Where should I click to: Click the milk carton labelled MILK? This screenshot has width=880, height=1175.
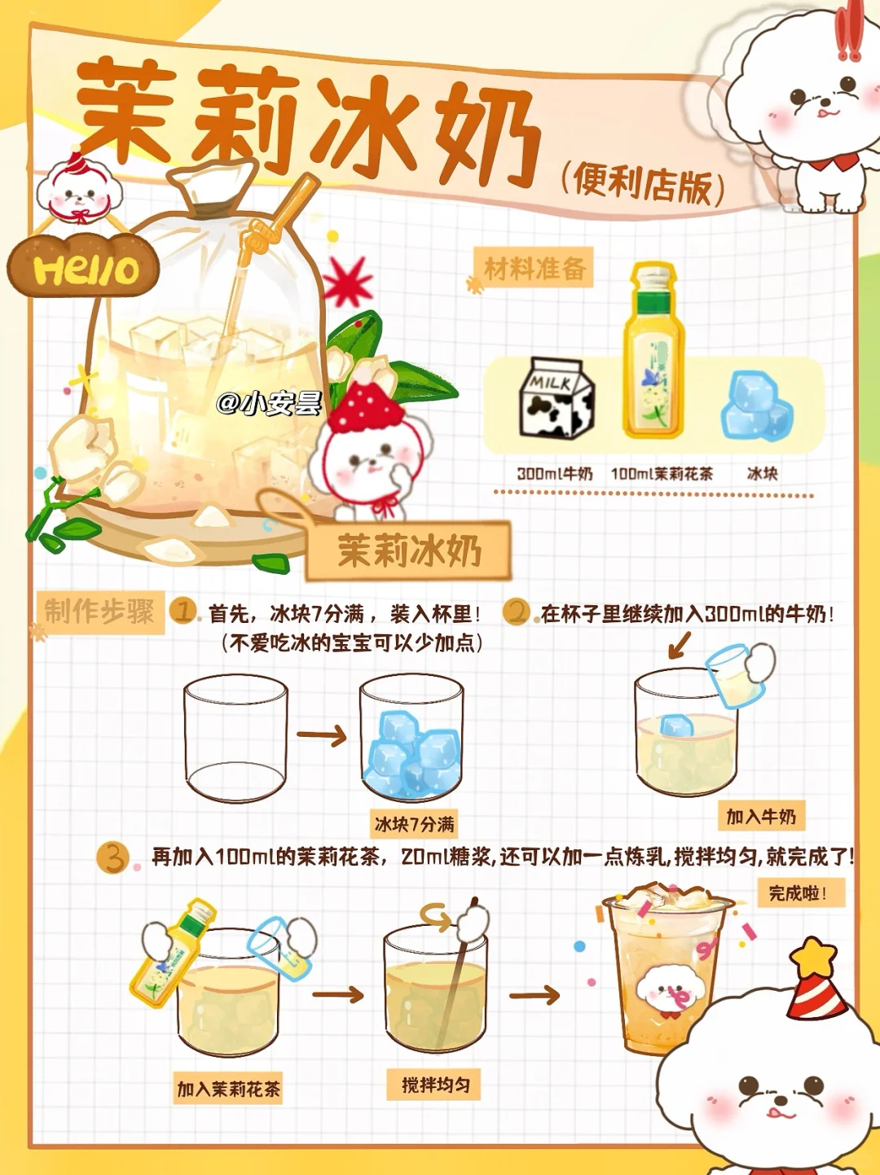pyautogui.click(x=557, y=397)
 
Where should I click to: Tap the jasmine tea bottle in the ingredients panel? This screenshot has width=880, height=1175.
pyautogui.click(x=653, y=350)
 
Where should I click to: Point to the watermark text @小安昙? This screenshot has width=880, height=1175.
pyautogui.click(x=269, y=403)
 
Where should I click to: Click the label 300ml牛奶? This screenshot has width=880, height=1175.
pyautogui.click(x=555, y=474)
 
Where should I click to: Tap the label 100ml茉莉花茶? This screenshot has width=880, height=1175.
pyautogui.click(x=662, y=474)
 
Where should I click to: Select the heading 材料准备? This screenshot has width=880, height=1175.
pyautogui.click(x=534, y=268)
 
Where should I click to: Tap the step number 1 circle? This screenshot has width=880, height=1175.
pyautogui.click(x=183, y=611)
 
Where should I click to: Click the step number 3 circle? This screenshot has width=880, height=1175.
pyautogui.click(x=113, y=857)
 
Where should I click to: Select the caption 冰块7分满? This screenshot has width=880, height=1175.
pyautogui.click(x=414, y=824)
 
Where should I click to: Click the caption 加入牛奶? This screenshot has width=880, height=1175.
pyautogui.click(x=761, y=817)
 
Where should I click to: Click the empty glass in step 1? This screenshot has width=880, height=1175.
pyautogui.click(x=235, y=739)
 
